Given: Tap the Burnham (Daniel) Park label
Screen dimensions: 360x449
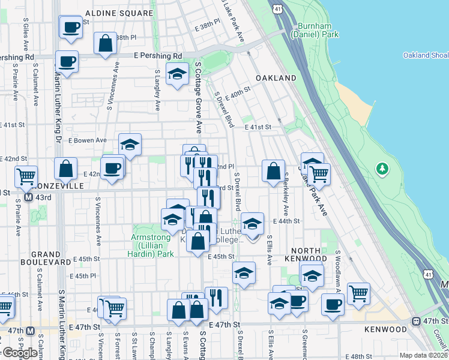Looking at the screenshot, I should tap(315, 30).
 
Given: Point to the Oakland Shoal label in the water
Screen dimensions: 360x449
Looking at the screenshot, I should tap(424, 56).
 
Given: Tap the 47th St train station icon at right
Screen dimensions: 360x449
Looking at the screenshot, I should tap(416, 321).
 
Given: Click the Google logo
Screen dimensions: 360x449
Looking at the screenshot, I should tap(19, 353).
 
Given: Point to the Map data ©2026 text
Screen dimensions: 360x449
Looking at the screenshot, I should tap(423, 355).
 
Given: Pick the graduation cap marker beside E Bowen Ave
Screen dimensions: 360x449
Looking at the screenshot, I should tap(130, 145).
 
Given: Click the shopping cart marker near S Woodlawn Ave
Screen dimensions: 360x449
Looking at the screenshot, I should tap(358, 293).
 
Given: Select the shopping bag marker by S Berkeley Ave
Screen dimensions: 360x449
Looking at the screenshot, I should tap(273, 171).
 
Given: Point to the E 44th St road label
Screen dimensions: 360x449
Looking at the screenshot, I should tap(286, 221).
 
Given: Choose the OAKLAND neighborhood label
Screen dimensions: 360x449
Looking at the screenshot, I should tap(276, 79).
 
